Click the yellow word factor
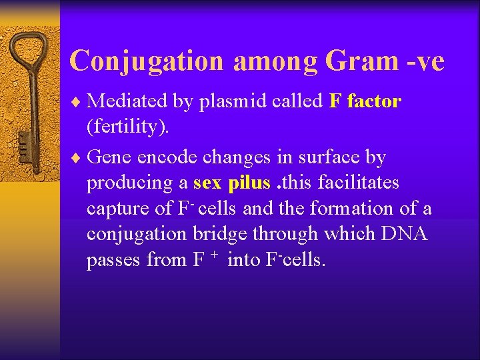coord(374,101)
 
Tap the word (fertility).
coord(128,127)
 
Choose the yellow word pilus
coord(249,183)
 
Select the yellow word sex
coord(207,183)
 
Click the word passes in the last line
coord(114,260)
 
